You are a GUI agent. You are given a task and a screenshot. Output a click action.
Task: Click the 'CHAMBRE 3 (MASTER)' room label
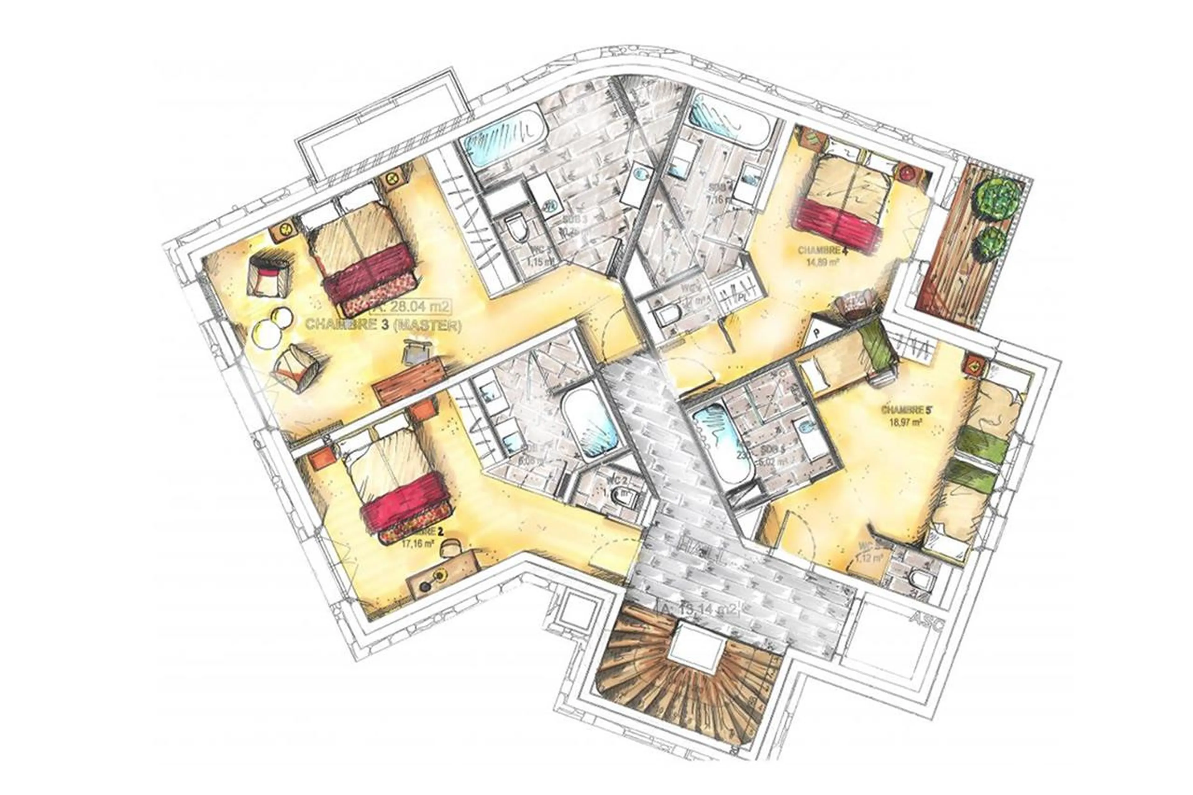[383, 325]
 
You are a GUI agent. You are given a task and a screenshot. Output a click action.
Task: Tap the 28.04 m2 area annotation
[411, 306]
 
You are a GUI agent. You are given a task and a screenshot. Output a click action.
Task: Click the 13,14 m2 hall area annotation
[699, 608]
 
